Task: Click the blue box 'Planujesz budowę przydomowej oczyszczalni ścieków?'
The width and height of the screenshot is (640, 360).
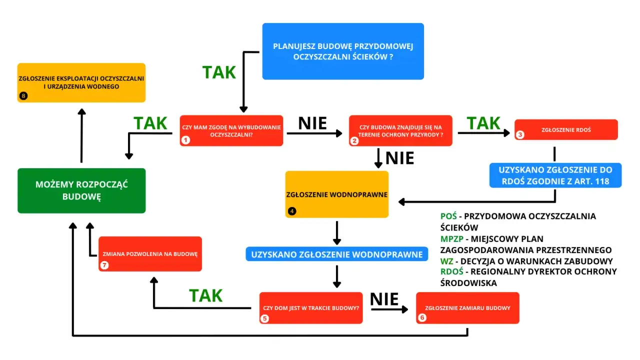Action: point(343,51)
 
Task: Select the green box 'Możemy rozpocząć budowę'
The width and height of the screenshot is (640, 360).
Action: point(81,190)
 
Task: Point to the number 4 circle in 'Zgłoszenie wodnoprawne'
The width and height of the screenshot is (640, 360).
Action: point(292,211)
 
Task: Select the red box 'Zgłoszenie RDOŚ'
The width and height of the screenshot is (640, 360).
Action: point(566,129)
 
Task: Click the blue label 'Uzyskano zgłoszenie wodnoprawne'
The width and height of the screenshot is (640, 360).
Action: point(337,254)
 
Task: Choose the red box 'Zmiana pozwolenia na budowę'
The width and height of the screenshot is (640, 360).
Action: point(150,253)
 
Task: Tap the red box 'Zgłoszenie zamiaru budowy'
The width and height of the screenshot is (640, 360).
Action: point(467,308)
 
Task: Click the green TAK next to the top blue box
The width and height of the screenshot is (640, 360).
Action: point(219,72)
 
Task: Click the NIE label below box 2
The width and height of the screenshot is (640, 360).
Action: point(399,158)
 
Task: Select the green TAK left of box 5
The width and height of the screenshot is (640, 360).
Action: point(205,295)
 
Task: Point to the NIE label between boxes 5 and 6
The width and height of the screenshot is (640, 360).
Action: point(384,299)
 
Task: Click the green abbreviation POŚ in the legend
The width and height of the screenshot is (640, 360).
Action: point(448,216)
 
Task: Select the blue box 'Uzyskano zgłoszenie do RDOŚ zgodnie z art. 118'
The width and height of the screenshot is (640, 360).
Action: point(555,175)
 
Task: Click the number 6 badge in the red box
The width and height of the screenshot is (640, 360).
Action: point(422,317)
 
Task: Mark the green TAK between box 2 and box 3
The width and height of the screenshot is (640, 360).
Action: point(483,123)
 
